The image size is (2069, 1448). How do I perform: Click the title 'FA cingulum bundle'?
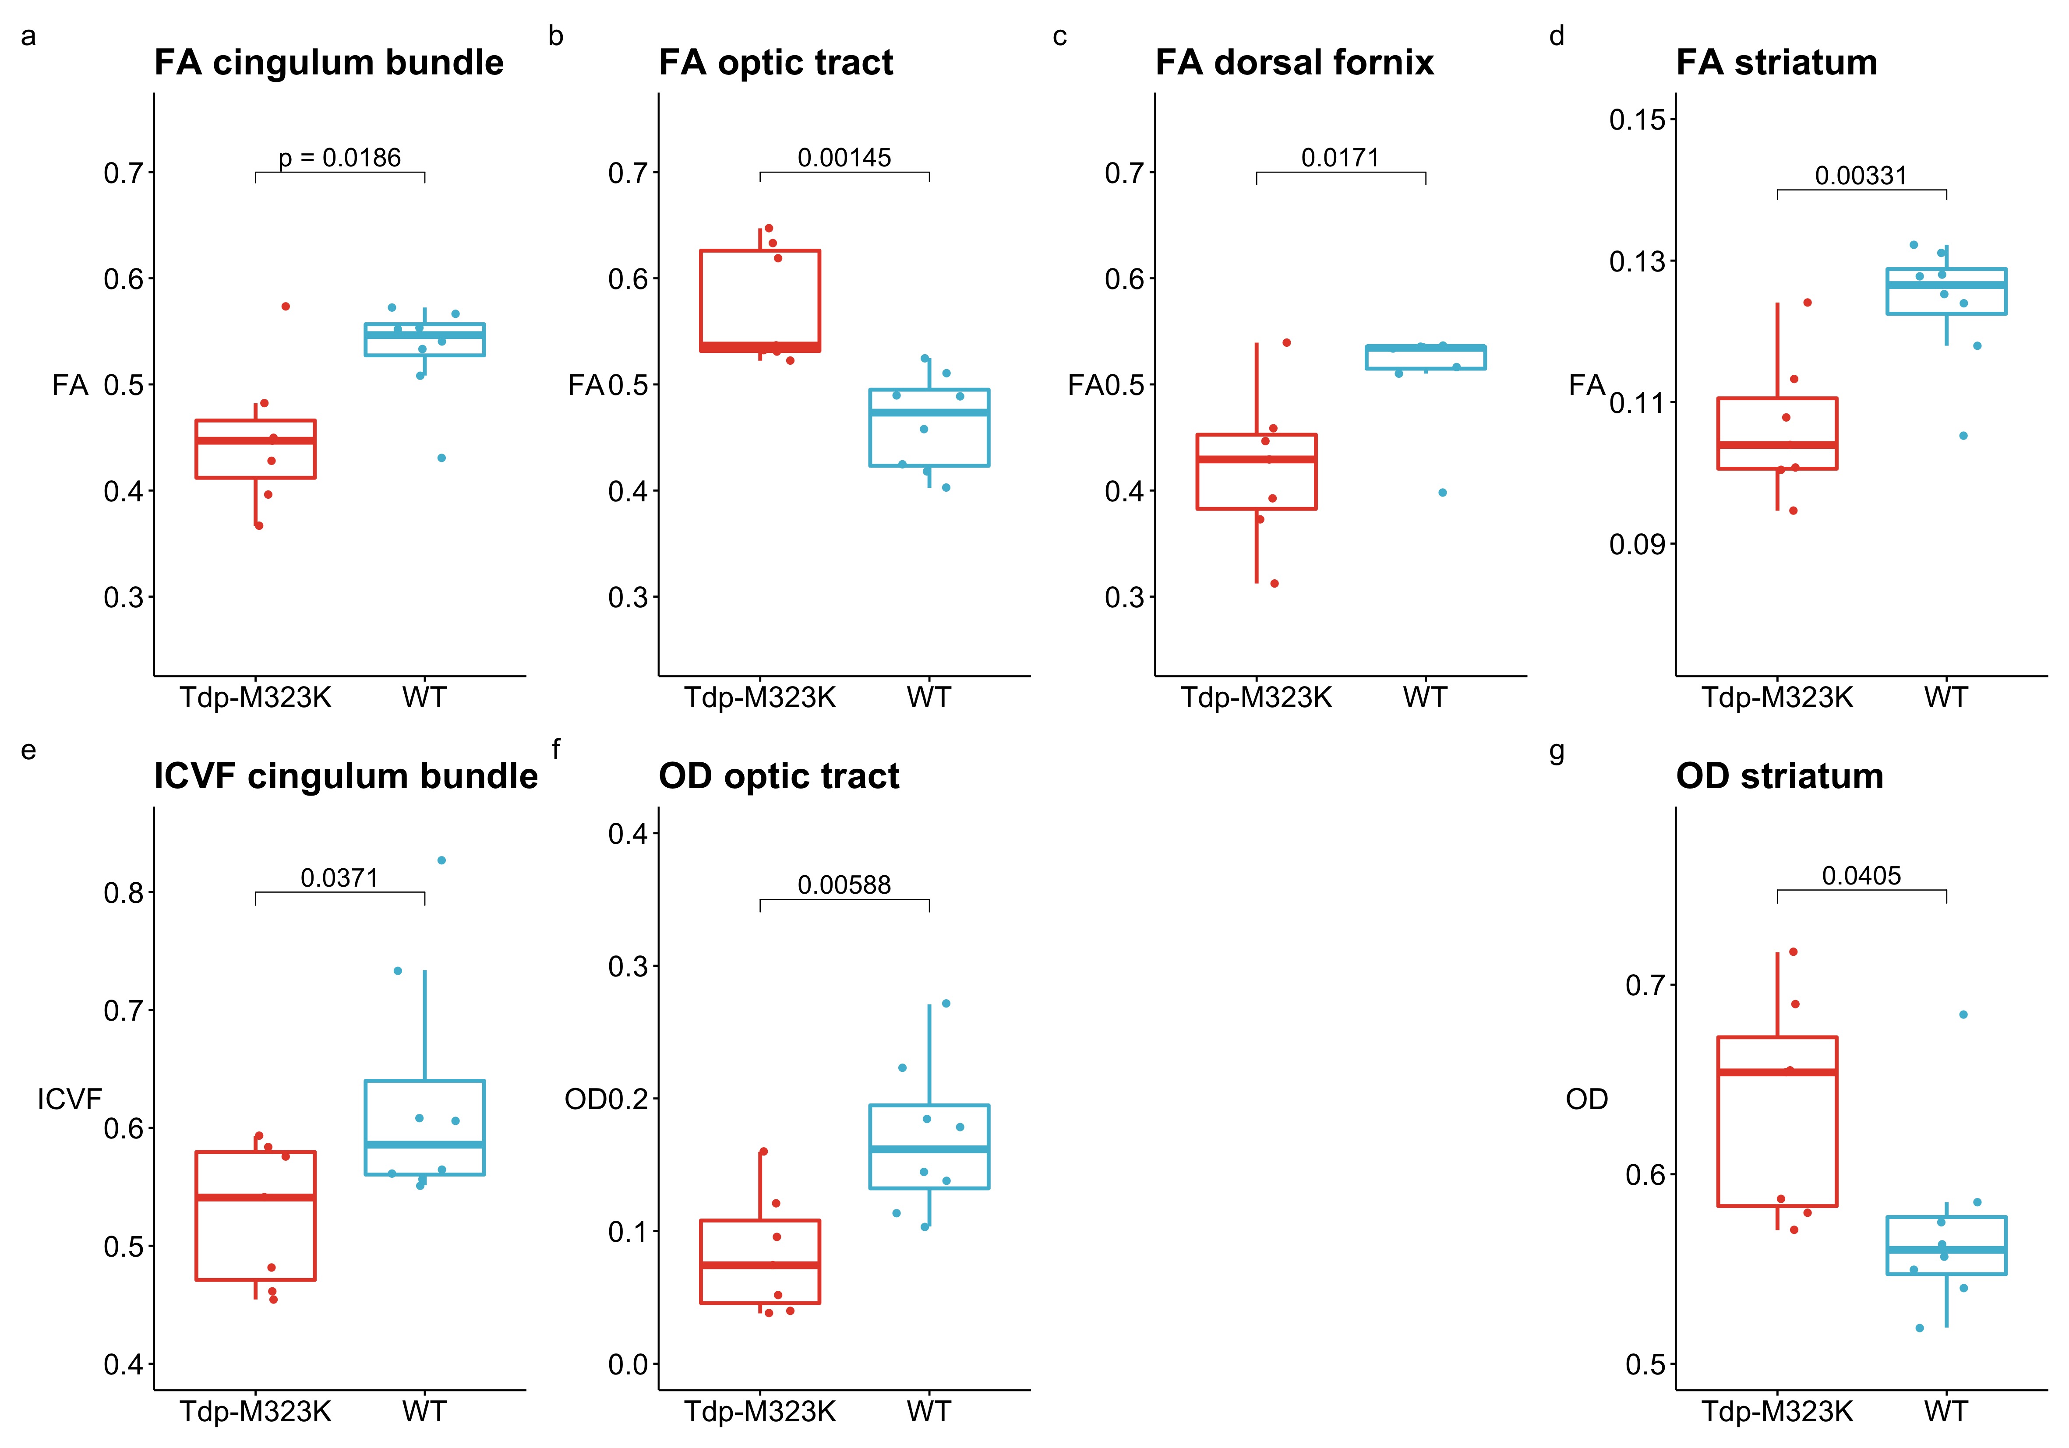tap(329, 63)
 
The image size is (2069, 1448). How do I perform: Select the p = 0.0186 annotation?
tap(340, 159)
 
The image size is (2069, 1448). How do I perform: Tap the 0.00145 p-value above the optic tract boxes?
tap(844, 159)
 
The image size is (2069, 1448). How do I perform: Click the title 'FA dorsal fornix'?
tap(1294, 63)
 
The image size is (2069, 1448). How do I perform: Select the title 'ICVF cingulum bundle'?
tap(346, 777)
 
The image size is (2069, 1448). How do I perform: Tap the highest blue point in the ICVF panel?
tap(441, 860)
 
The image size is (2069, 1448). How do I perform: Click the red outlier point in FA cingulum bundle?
tap(286, 307)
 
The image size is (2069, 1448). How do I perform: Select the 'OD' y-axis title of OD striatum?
tap(1587, 1099)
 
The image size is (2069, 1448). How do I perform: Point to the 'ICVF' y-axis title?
tap(69, 1099)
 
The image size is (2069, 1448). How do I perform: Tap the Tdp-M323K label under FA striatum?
tap(1777, 698)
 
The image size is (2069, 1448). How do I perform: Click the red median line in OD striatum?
tap(1777, 1072)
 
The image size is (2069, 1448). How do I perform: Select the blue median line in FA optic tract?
tap(929, 413)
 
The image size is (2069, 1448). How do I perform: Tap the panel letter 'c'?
tap(1060, 37)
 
